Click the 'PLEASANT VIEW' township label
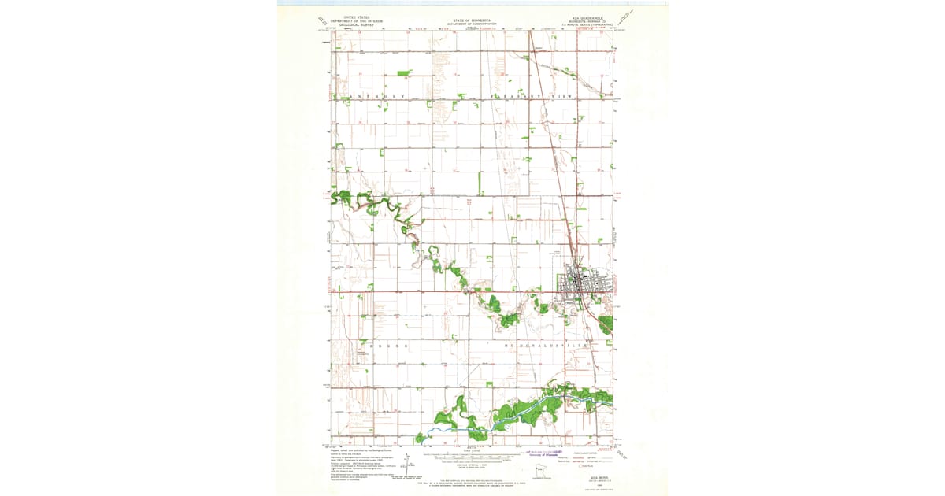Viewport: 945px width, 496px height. [535, 96]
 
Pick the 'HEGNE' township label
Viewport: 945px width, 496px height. [386, 346]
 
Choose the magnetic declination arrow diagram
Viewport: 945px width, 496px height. [406, 465]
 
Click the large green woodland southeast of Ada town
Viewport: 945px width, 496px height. [605, 323]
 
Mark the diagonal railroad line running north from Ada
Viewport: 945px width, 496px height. [551, 157]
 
